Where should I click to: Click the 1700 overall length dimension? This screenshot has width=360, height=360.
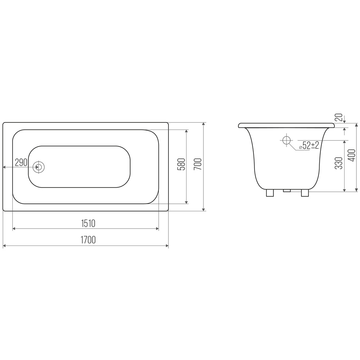(88, 240)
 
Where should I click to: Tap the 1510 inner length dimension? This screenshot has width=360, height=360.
(88, 223)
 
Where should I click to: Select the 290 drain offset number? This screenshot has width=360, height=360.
(21, 162)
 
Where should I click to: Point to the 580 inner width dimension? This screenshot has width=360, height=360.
(181, 164)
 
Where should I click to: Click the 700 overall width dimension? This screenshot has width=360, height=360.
(198, 164)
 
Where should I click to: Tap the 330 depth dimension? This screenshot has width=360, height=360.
(339, 163)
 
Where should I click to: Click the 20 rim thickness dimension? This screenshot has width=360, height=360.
(340, 117)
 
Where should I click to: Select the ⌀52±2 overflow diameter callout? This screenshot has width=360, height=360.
(309, 145)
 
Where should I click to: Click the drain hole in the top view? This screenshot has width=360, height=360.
(39, 167)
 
